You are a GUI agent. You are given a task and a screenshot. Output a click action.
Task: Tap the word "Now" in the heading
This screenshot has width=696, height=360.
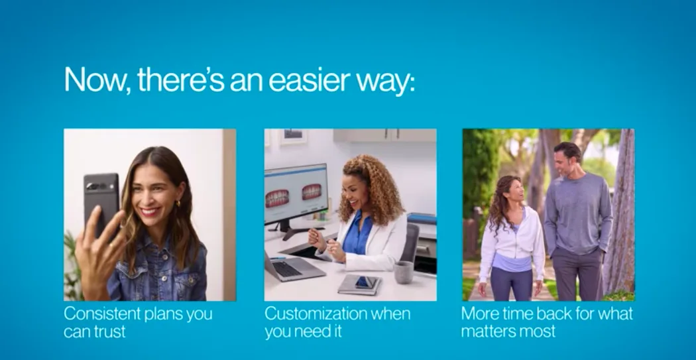[x=96, y=80]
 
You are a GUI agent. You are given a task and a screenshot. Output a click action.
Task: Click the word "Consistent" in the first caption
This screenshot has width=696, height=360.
[x=102, y=314]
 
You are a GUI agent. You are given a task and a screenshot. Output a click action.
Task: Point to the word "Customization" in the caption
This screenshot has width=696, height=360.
[x=316, y=314]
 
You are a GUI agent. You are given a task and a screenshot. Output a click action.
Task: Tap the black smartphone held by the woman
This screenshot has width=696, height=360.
[x=101, y=202]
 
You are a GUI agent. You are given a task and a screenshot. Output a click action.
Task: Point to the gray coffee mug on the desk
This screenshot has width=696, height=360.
[x=404, y=272]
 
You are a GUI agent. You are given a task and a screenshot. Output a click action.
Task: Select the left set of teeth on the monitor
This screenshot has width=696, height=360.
[x=278, y=198]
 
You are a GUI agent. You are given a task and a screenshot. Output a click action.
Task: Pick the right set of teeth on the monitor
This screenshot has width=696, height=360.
[x=312, y=192]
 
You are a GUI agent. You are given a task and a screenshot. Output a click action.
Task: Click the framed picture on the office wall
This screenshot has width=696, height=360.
[x=293, y=136]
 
